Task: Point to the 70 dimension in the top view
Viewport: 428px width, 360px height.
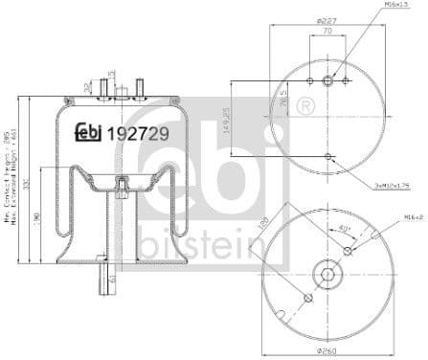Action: coord(327,31)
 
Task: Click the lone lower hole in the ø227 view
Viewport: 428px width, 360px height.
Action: coord(327,155)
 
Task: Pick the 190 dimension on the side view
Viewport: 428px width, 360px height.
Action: coord(37,221)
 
